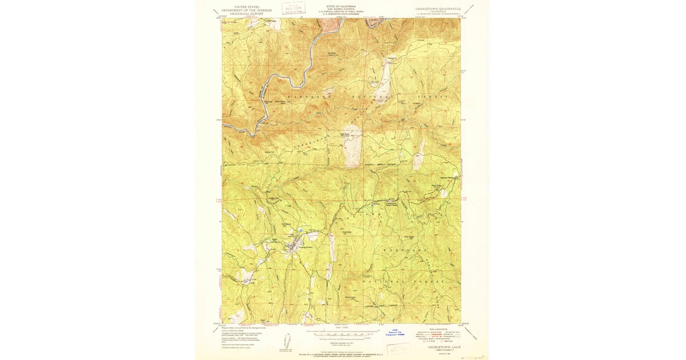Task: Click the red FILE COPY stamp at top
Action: tap(293, 8)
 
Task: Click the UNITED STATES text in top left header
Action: tap(246, 7)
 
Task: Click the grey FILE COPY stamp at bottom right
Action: tap(404, 346)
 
